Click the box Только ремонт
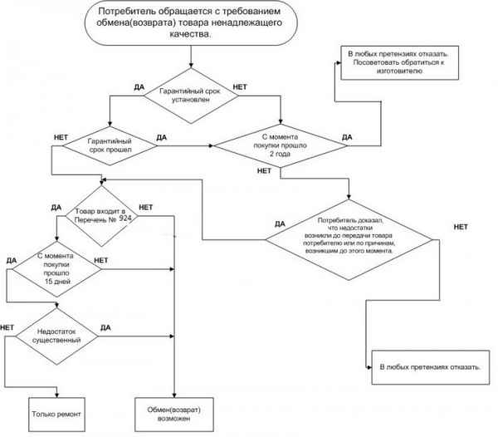[x=56, y=412]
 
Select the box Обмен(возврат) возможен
[x=174, y=412]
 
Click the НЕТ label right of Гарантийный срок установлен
[x=240, y=86]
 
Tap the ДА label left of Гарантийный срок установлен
[x=139, y=86]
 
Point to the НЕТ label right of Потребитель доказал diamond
[x=461, y=227]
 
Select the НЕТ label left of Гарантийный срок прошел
[x=59, y=136]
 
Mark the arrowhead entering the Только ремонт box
[x=56, y=395]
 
